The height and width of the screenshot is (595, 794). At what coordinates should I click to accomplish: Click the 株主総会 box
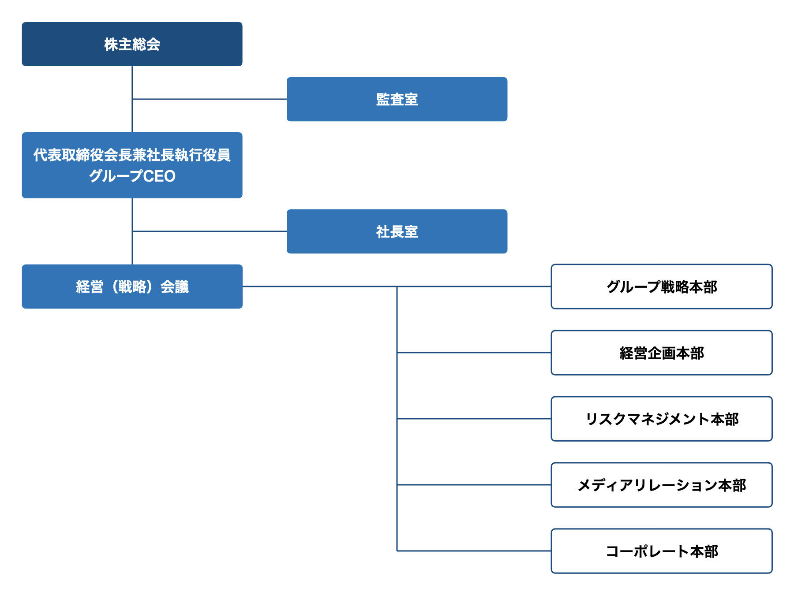(x=132, y=44)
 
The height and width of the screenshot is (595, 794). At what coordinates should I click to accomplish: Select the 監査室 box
(x=397, y=99)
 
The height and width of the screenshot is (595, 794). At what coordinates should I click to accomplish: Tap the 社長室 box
(x=397, y=231)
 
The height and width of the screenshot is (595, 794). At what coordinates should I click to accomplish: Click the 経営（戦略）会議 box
(x=132, y=286)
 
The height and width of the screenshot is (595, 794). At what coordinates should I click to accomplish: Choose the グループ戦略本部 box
(x=662, y=286)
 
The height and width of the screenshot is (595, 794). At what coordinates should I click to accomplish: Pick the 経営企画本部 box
(x=662, y=353)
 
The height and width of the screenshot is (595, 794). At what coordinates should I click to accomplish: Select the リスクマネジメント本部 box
(x=662, y=419)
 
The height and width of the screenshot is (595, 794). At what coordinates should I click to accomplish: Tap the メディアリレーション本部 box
(x=662, y=485)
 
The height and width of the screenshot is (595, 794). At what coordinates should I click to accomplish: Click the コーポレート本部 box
(x=662, y=551)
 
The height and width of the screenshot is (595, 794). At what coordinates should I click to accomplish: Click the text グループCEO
(x=132, y=176)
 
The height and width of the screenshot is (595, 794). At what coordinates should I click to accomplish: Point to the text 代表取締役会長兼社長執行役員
(x=132, y=155)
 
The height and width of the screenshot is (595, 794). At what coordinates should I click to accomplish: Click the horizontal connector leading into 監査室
(x=210, y=99)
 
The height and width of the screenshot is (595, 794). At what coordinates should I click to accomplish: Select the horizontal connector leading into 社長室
(x=210, y=231)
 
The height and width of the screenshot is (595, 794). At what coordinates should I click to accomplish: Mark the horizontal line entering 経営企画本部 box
(x=474, y=353)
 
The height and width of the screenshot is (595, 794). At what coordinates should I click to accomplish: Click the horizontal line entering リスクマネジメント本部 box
(x=474, y=419)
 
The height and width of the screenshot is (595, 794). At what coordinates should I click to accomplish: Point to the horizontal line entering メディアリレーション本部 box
(x=474, y=485)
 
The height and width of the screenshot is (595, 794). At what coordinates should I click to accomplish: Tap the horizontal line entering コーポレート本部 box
(x=474, y=551)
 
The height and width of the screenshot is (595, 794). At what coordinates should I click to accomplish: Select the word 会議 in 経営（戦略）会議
(x=175, y=287)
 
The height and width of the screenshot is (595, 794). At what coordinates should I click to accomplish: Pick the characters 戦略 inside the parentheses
(x=132, y=287)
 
